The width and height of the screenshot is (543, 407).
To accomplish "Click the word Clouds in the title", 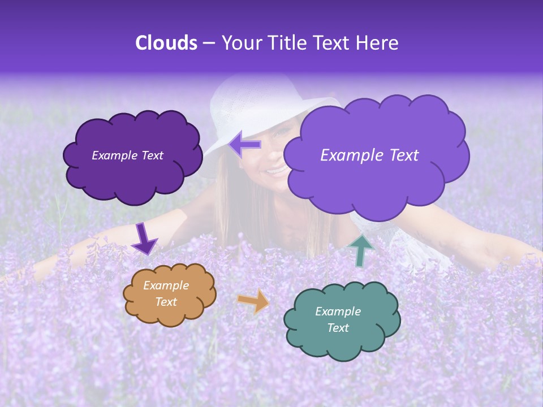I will [x=166, y=43].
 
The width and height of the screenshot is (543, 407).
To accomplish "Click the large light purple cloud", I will [x=373, y=181].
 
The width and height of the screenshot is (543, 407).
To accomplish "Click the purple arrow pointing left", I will [x=245, y=145].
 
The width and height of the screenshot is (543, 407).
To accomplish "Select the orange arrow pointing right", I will [x=253, y=301].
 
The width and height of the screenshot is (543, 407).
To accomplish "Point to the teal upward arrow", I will [x=361, y=250].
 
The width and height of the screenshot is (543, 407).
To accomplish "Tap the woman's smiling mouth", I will [x=277, y=170].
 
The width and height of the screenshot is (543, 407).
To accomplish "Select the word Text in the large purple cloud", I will [x=400, y=155].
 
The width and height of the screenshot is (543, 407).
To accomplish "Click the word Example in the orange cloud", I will [x=166, y=285].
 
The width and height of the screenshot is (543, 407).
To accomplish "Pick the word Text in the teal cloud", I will [x=338, y=328].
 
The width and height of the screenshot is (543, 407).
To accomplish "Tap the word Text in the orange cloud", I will [x=166, y=302].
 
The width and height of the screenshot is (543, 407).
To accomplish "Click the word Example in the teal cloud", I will [x=338, y=311].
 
